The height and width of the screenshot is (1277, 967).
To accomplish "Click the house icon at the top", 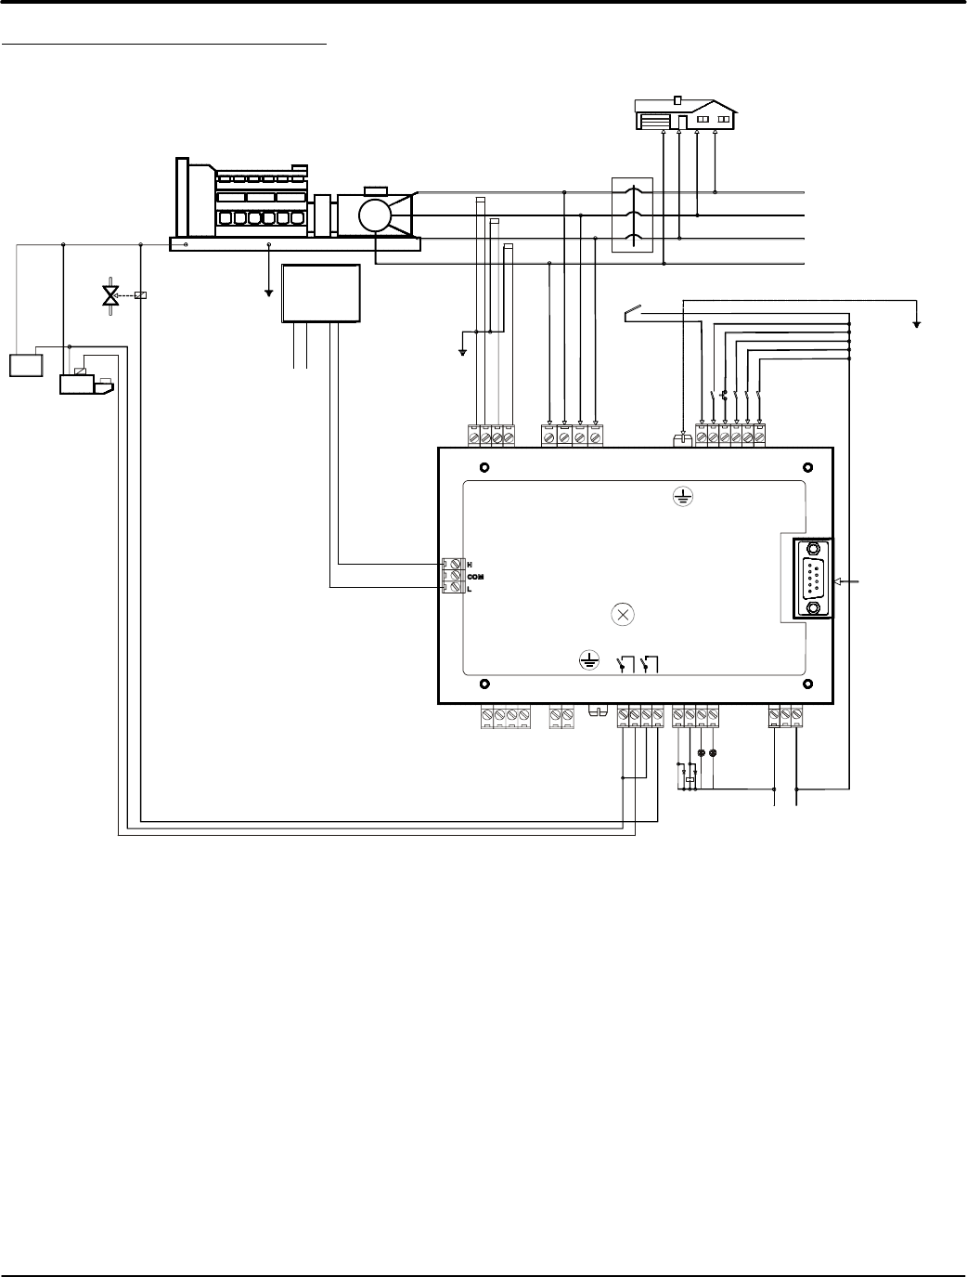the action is coord(686,114).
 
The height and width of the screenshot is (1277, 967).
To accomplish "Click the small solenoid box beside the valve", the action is coord(140,295).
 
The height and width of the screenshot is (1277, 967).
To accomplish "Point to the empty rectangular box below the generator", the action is coord(321,293).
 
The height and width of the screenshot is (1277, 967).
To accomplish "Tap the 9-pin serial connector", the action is coord(813,579).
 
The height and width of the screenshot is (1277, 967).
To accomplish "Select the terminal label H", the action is coord(470,565).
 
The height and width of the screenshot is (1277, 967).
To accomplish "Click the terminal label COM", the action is coord(475,577).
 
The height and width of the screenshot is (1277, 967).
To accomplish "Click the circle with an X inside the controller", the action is coord(624,614).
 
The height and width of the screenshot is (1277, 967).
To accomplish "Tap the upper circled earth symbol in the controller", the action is coord(683,498).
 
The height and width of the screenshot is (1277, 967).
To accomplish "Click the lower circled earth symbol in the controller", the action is coord(587,660).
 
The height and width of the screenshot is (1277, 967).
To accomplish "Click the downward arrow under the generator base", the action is coord(269,290).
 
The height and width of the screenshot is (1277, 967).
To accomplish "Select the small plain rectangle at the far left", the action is coord(26,365).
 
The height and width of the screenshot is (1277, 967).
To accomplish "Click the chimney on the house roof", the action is coord(678,98).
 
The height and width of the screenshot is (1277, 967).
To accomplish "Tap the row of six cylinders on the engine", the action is coord(261,220).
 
